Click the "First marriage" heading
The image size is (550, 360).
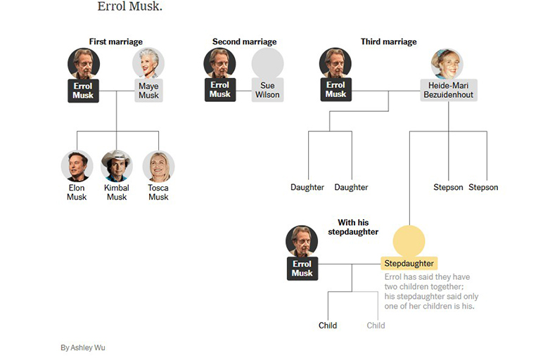click(116, 41)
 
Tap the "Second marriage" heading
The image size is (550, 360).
click(244, 41)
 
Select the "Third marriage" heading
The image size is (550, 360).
click(388, 41)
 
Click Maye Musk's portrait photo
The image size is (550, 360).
click(148, 63)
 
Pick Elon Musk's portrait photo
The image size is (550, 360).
click(77, 166)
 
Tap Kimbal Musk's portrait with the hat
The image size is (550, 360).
click(117, 166)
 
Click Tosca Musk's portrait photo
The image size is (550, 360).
click(158, 166)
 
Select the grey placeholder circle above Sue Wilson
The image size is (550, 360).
click(267, 63)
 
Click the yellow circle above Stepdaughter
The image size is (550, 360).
click(409, 240)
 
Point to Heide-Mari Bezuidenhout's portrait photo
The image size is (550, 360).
click(448, 63)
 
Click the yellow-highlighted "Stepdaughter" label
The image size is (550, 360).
click(409, 264)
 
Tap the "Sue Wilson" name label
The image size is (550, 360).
click(267, 90)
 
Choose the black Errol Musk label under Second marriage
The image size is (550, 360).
click(219, 90)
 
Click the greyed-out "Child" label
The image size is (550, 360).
click(376, 326)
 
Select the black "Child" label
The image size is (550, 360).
click(328, 326)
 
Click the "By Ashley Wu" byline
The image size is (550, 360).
click(83, 347)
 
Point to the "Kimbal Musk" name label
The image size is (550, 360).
click(117, 193)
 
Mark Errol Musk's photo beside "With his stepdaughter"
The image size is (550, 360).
click(302, 241)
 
